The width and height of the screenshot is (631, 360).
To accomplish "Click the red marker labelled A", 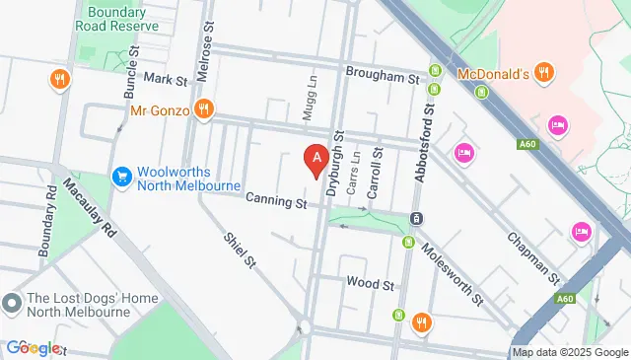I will click(x=315, y=158).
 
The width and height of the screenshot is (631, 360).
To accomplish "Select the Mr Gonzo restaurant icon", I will click(x=204, y=109).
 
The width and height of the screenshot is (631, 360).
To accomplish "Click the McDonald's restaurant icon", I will click(x=544, y=73).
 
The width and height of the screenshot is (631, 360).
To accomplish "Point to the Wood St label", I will click(x=370, y=283).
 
